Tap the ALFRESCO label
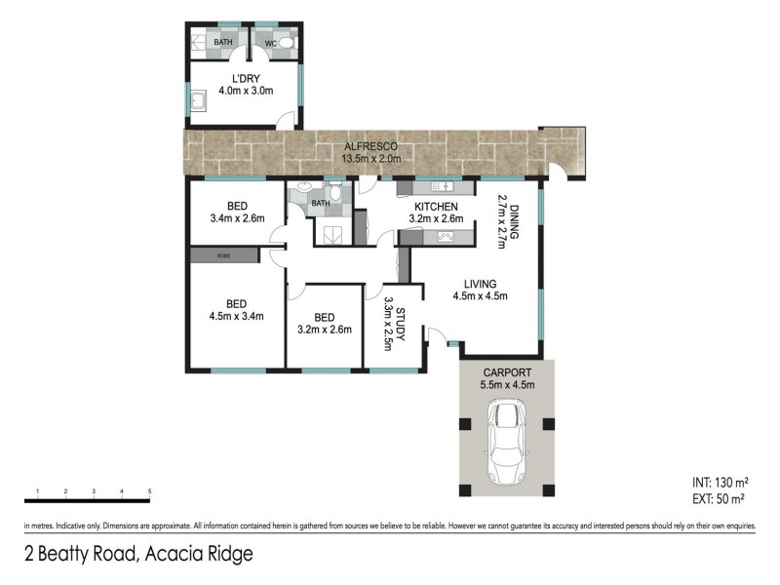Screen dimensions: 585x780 [x=370, y=146]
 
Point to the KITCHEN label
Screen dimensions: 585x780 [x=436, y=207]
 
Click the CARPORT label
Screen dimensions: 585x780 [x=506, y=372]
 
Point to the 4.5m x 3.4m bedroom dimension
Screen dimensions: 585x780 [x=237, y=315]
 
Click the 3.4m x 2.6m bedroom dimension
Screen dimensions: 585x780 [x=237, y=218]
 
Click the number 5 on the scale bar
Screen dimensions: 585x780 [x=149, y=490]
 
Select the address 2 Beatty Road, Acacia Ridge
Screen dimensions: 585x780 [x=138, y=555]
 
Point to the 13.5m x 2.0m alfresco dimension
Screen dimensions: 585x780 [x=370, y=158]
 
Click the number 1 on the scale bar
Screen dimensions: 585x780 [x=36, y=490]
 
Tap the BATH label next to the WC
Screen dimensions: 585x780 [x=223, y=42]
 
